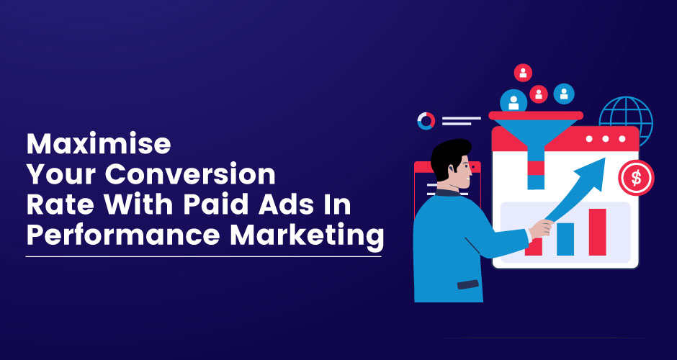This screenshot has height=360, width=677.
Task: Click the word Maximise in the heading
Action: pyautogui.click(x=99, y=144)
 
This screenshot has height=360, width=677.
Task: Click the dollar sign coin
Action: pyautogui.click(x=636, y=178)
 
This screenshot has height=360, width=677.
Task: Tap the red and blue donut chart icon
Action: pyautogui.click(x=426, y=121)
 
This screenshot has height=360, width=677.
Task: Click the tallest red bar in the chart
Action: pyautogui.click(x=597, y=232)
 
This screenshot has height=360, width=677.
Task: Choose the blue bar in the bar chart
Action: pyautogui.click(x=565, y=239)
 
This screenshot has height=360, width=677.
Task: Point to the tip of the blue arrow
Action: pyautogui.click(x=604, y=158)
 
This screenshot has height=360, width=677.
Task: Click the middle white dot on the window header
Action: pyautogui.click(x=605, y=138)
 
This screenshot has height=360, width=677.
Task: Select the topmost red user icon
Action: pyautogui.click(x=523, y=73)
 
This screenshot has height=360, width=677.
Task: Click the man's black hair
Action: pyautogui.click(x=448, y=156)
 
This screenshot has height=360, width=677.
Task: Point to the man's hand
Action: pyautogui.click(x=542, y=228)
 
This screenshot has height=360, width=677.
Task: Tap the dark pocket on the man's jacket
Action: pyautogui.click(x=468, y=284)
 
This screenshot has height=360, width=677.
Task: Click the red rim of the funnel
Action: pyautogui.click(x=536, y=115)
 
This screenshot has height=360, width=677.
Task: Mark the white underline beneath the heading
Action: pyautogui.click(x=204, y=257)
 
